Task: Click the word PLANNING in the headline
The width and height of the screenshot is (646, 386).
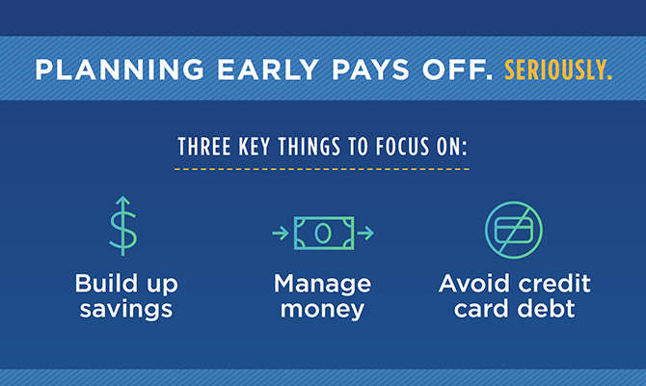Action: click(x=97, y=71)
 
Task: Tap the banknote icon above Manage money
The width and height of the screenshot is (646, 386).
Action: click(x=323, y=232)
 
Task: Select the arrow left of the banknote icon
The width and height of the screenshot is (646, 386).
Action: click(x=280, y=233)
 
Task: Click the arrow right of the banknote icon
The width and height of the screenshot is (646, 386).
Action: click(x=366, y=233)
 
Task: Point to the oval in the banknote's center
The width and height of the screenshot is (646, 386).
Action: click(x=323, y=232)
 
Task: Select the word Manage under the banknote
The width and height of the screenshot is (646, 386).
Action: click(x=323, y=285)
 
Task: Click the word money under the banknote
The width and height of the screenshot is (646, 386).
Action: click(x=323, y=310)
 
